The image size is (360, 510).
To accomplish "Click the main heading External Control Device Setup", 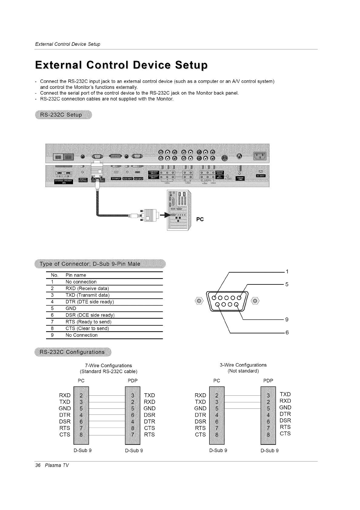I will click(121, 65).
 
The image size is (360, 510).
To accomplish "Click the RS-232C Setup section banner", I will click(63, 115).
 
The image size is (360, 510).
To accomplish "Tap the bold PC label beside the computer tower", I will click(200, 220).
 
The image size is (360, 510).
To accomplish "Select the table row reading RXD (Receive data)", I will click(87, 288).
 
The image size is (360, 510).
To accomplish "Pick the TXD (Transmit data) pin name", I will click(87, 295).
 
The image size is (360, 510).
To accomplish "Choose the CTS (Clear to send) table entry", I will click(87, 328).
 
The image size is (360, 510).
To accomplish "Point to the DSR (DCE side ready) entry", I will click(90, 315).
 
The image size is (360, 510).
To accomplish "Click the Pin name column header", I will click(76, 275).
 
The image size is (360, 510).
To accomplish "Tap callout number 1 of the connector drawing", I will click(287, 271).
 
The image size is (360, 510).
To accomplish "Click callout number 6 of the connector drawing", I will click(287, 333).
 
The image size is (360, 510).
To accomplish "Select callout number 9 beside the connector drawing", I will click(287, 319).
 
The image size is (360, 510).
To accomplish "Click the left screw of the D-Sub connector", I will click(199, 301).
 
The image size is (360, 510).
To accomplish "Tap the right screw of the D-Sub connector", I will click(255, 301).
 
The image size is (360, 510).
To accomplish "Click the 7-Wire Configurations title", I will click(108, 365).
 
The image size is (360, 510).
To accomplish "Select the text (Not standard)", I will click(243, 371).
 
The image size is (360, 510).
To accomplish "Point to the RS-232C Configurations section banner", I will click(73, 352).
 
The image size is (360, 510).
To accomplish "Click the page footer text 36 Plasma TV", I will click(52, 465).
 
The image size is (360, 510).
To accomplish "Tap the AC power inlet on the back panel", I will click(259, 156).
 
